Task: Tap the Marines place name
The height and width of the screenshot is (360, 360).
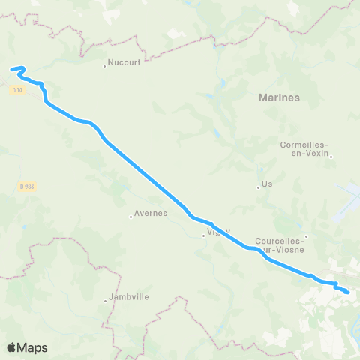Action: [x=279, y=97]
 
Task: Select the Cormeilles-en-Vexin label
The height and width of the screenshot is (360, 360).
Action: [x=303, y=148]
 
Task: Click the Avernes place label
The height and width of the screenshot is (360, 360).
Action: [x=151, y=214]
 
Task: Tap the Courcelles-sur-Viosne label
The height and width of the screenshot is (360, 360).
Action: [x=278, y=244]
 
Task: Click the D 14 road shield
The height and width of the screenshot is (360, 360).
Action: [x=18, y=90]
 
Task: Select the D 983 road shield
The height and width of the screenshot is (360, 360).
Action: [x=26, y=187]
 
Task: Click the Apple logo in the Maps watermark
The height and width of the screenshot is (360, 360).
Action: [x=12, y=347]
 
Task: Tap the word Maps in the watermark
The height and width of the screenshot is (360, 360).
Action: [x=34, y=347]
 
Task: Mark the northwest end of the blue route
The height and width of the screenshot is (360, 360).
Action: [x=12, y=70]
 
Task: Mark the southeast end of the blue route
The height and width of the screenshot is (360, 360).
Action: [x=347, y=292]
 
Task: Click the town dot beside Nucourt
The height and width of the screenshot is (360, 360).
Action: [x=104, y=65]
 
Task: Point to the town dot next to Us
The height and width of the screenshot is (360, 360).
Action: [x=257, y=187]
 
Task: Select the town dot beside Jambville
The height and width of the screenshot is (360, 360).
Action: [x=106, y=301]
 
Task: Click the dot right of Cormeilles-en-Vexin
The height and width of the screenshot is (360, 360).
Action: [x=330, y=156]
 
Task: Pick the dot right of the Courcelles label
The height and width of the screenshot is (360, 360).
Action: [x=305, y=237]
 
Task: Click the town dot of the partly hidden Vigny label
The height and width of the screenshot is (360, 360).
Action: [x=202, y=237]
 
